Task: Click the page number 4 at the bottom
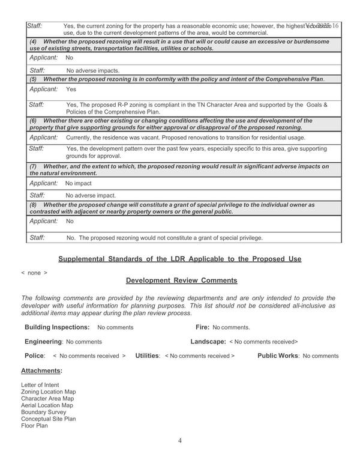pyautogui.click(x=180, y=441)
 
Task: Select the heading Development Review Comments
pyautogui.click(x=182, y=280)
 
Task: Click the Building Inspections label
pyautogui.click(x=57, y=327)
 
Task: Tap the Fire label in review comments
pyautogui.click(x=202, y=327)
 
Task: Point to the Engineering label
pyautogui.click(x=43, y=342)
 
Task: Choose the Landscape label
pyautogui.click(x=208, y=342)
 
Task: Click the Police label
pyautogui.click(x=35, y=356)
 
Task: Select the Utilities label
pyautogui.click(x=148, y=356)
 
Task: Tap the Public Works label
pyautogui.click(x=278, y=356)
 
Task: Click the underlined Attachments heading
pyautogui.click(x=41, y=371)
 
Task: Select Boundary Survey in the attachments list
pyautogui.click(x=44, y=412)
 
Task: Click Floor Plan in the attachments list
pyautogui.click(x=34, y=426)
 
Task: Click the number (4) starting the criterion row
pyautogui.click(x=34, y=41)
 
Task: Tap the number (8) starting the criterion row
pyautogui.click(x=34, y=205)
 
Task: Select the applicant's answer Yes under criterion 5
pyautogui.click(x=71, y=89)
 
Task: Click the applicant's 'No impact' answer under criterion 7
pyautogui.click(x=79, y=183)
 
